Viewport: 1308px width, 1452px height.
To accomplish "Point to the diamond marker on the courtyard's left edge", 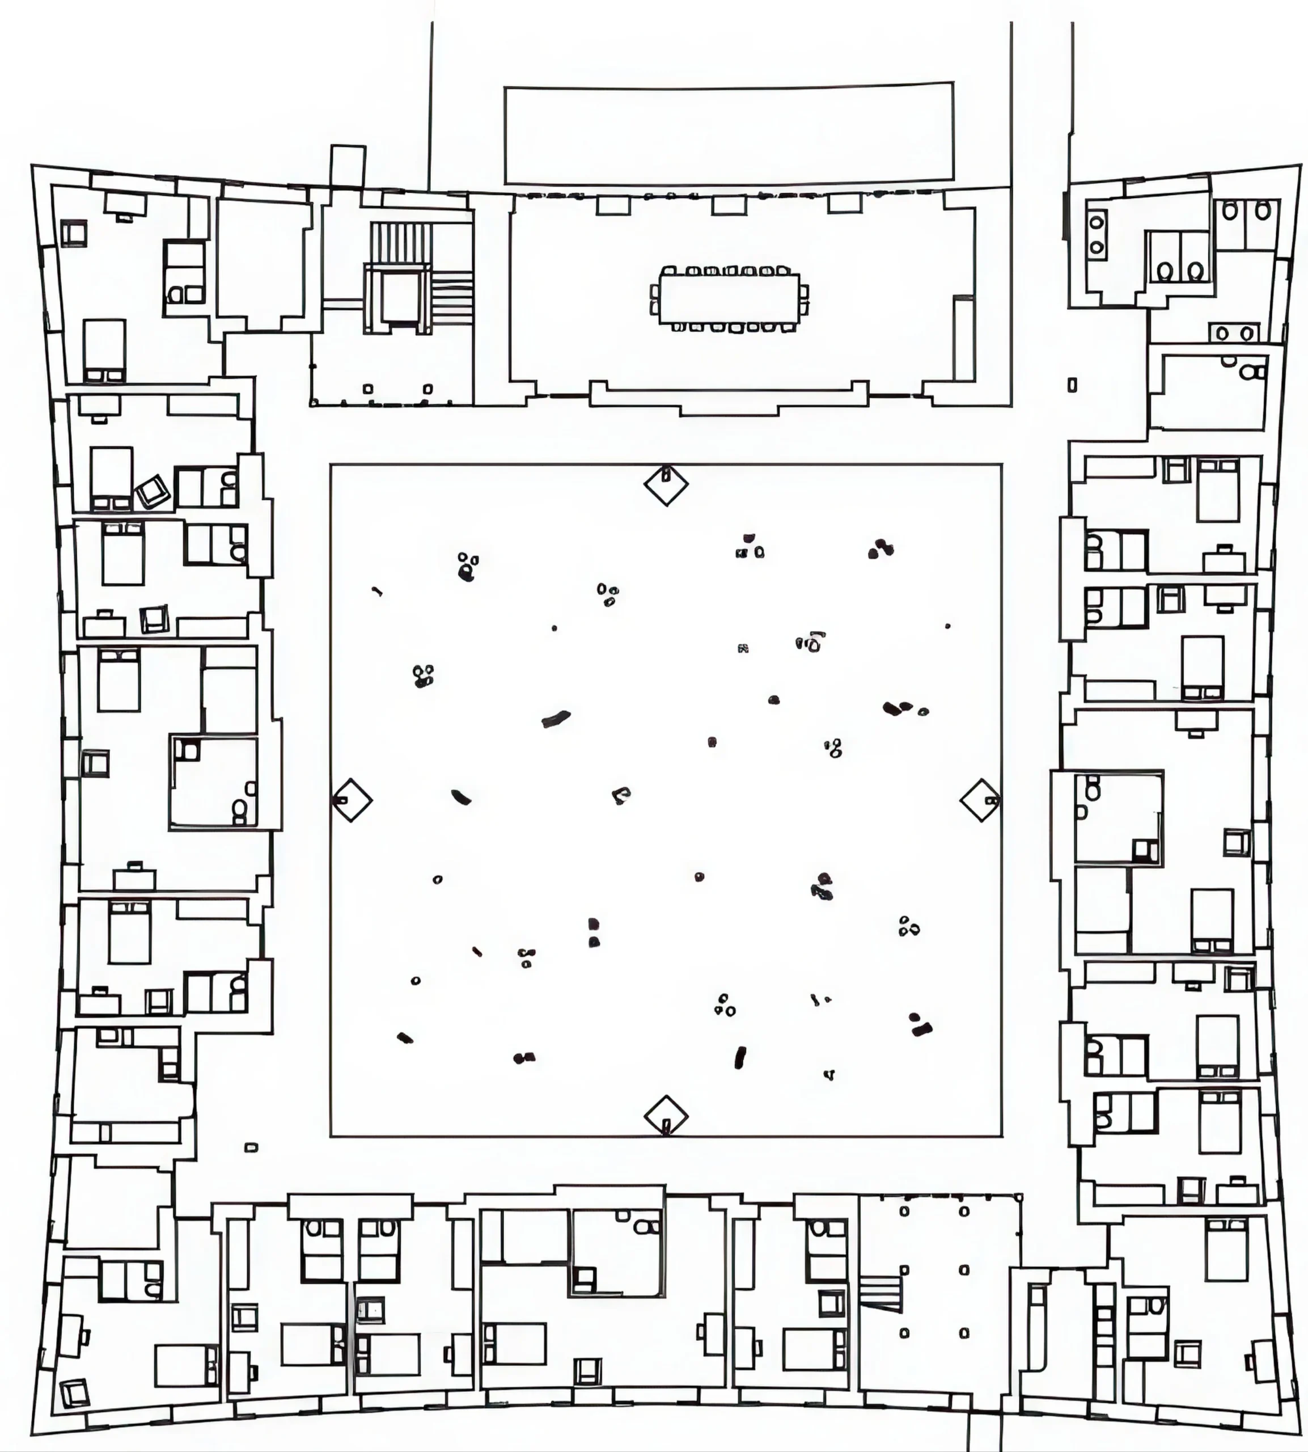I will (x=352, y=799).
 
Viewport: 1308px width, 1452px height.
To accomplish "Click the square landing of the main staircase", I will (x=399, y=298).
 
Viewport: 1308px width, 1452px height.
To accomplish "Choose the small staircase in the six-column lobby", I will (x=881, y=1293).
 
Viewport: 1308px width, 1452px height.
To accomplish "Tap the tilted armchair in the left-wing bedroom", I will (x=153, y=492).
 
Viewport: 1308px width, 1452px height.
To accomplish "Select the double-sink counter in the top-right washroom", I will (x=1235, y=333).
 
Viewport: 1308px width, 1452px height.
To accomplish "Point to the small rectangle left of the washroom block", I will (x=1072, y=385).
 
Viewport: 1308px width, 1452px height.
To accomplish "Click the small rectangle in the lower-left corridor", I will (x=251, y=1148).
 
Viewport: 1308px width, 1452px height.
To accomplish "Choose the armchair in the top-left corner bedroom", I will (x=73, y=234).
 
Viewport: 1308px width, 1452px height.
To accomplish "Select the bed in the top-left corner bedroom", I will (x=105, y=350).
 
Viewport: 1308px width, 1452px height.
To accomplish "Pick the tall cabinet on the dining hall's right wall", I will (x=964, y=338).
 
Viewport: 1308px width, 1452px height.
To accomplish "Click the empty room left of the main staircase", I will (x=263, y=263).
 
